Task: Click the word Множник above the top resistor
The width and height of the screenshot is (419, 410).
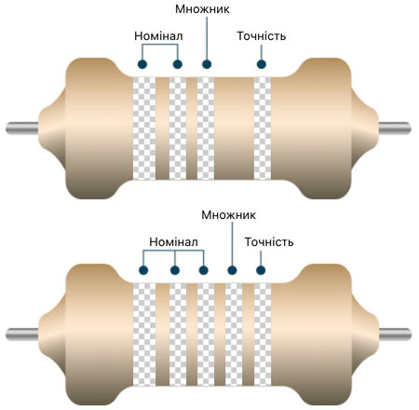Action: tap(202, 9)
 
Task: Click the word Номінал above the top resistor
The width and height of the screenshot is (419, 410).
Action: tap(158, 36)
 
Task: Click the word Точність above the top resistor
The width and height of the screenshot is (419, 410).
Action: tap(262, 36)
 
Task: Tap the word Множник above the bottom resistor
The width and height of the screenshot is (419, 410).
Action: tap(228, 215)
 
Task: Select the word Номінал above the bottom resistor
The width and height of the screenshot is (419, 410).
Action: tap(173, 242)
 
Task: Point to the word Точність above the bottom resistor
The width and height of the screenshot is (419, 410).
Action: tap(269, 242)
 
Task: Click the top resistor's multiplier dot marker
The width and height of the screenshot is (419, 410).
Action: tap(207, 64)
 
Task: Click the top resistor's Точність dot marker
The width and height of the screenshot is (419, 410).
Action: tap(262, 64)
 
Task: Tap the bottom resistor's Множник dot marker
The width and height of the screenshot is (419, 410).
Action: tap(232, 270)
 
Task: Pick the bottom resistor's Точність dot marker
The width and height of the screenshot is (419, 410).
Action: tap(261, 270)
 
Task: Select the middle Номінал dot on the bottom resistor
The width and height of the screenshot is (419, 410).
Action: tap(175, 270)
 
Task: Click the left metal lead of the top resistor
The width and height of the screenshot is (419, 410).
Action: tap(22, 129)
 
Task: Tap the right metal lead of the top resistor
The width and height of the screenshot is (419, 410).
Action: tap(395, 129)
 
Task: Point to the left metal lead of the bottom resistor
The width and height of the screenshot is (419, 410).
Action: tap(22, 335)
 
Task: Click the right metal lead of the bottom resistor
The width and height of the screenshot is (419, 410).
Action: tap(395, 335)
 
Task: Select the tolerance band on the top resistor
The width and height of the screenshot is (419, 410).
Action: tap(263, 129)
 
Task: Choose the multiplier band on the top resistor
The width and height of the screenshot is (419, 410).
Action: tap(206, 129)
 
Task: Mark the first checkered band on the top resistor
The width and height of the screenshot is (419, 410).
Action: tap(144, 129)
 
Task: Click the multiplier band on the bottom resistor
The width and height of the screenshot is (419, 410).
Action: tap(234, 335)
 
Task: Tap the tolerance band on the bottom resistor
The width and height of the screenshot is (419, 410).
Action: tap(263, 335)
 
